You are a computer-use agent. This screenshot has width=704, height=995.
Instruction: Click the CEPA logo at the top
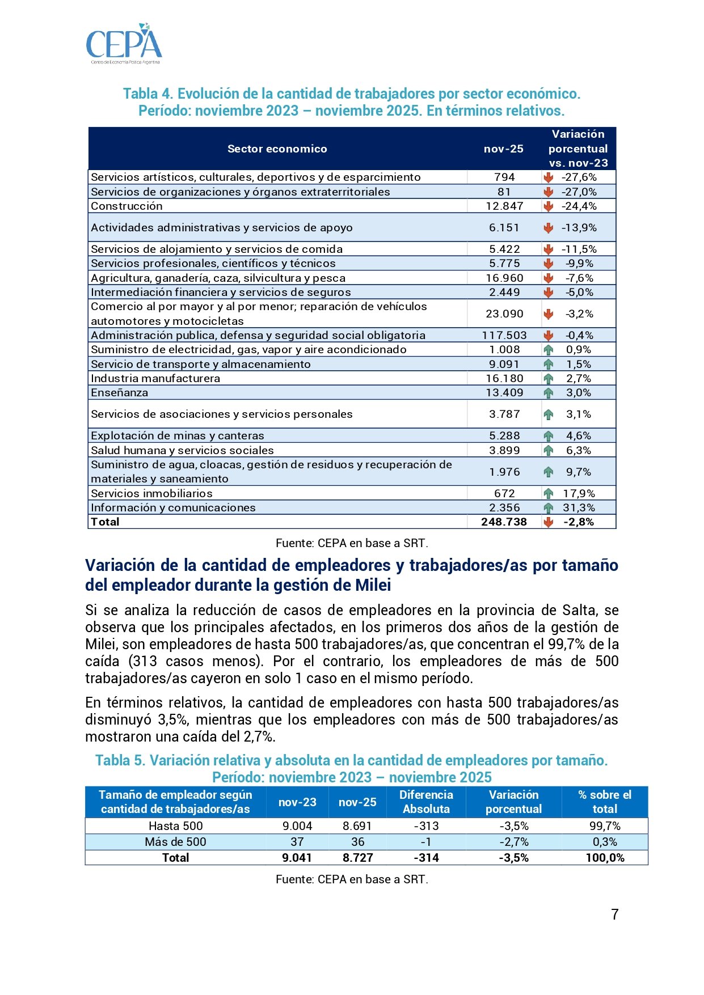pos(124,44)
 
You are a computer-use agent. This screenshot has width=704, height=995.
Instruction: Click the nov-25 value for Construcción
pos(504,206)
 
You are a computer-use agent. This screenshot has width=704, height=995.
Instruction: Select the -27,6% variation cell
pos(579,177)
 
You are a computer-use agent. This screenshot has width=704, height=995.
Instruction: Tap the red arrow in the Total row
pos(548,522)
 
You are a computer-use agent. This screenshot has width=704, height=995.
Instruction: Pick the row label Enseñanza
pos(120,392)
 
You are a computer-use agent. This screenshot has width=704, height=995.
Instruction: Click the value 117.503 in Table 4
pos(504,335)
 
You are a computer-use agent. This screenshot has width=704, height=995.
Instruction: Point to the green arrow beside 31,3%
pos(548,508)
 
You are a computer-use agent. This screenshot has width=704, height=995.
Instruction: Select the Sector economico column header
pos(277,149)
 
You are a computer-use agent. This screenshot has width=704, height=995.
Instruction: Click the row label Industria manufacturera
pos(155,378)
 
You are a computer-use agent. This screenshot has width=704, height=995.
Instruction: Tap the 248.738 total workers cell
pos(504,522)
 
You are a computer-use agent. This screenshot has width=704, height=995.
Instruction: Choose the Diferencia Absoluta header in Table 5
pos(426,802)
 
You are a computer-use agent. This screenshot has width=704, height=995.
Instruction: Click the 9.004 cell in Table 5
pos(297,826)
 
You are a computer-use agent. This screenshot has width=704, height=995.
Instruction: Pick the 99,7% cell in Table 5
pos(605,826)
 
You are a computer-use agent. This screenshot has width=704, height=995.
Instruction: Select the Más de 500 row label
pos(175,842)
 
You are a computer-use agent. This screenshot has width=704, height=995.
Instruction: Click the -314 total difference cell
pos(426,858)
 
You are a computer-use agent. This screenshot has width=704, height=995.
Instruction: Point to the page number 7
pos(614,914)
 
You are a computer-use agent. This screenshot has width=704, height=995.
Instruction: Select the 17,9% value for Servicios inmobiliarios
pos(579,493)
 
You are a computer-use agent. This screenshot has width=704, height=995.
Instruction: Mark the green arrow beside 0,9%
pos(548,350)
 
